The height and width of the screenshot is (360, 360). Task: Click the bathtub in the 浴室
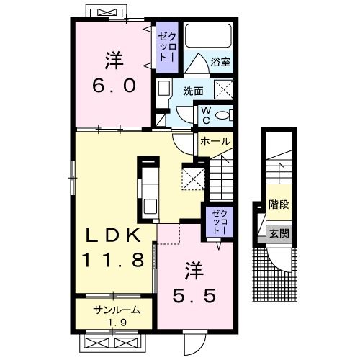[208, 36]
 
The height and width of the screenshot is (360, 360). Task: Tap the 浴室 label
[220, 62]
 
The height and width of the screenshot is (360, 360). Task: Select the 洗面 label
[193, 91]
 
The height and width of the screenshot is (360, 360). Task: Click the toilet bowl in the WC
[222, 115]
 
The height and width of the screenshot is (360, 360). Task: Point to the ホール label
[215, 141]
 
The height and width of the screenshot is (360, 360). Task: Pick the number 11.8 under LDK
[114, 260]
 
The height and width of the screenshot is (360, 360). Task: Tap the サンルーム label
[116, 310]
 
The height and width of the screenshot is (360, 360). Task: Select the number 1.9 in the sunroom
[117, 323]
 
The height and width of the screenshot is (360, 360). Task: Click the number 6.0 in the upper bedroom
[114, 86]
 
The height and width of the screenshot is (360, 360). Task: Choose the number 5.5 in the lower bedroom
[194, 296]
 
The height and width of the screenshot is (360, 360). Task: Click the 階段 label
[279, 204]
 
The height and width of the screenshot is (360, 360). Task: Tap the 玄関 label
[279, 233]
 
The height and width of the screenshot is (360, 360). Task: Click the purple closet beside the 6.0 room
[167, 48]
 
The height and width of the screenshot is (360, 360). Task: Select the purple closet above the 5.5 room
[220, 222]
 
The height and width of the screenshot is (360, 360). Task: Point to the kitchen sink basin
[150, 207]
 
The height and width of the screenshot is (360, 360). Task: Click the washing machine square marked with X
[223, 89]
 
